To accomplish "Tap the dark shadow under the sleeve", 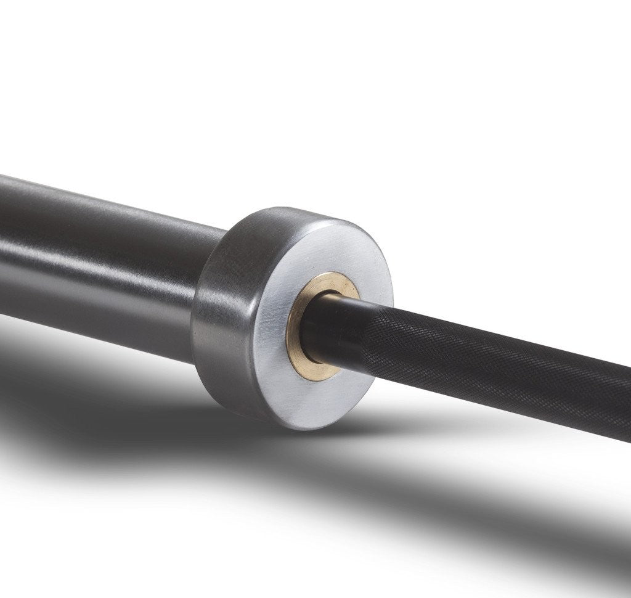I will point(92,395).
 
